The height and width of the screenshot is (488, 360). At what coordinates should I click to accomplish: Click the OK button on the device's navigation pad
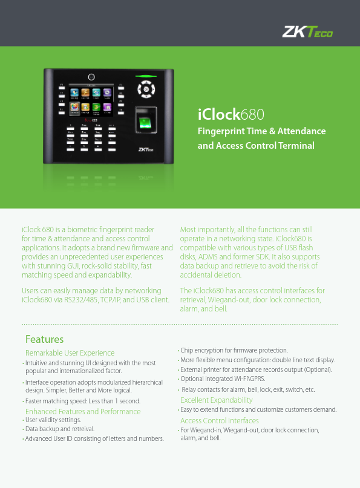pyautogui.click(x=145, y=89)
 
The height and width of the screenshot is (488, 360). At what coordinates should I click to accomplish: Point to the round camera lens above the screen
pyautogui.click(x=91, y=77)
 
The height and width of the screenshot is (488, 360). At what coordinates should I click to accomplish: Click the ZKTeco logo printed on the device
pyautogui.click(x=145, y=151)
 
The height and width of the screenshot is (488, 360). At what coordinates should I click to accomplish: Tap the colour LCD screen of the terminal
pyautogui.click(x=91, y=100)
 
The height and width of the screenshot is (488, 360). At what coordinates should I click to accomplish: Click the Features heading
pyautogui.click(x=44, y=339)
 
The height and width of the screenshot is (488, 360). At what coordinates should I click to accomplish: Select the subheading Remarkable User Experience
pyautogui.click(x=70, y=353)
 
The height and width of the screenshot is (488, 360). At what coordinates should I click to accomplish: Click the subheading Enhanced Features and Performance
pyautogui.click(x=83, y=411)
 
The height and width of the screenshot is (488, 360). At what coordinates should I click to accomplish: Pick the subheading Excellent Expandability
pyautogui.click(x=217, y=400)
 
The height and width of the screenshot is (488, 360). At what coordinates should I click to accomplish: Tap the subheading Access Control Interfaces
pyautogui.click(x=220, y=420)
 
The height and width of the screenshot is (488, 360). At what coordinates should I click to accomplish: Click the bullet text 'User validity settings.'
pyautogui.click(x=53, y=420)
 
